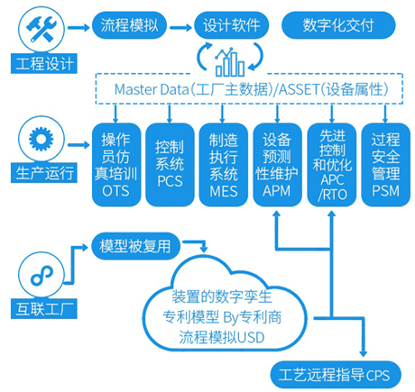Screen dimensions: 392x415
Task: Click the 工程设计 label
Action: point(41,63)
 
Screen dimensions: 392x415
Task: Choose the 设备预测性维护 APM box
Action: point(276,162)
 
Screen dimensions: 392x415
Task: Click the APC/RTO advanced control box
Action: point(329,162)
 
